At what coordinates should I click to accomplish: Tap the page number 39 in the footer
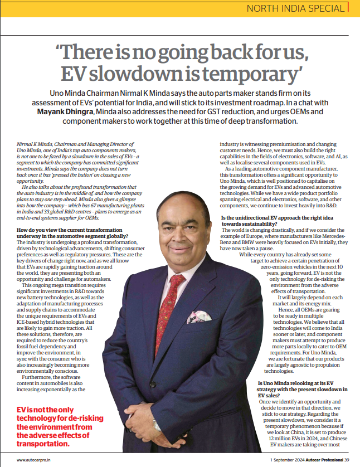(x=346, y=460)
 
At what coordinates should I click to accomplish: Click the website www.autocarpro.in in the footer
(x=32, y=460)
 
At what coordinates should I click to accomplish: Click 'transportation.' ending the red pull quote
(x=43, y=444)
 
